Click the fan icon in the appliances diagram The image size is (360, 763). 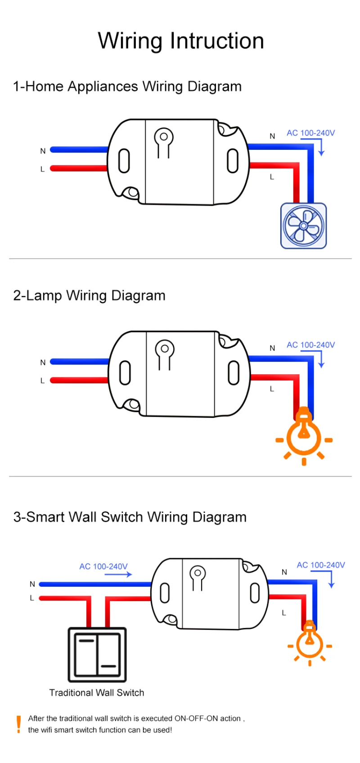(x=303, y=226)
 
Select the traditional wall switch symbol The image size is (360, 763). (x=97, y=655)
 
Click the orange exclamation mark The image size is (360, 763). (x=18, y=724)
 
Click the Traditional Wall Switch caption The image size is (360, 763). (x=97, y=693)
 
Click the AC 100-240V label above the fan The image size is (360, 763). (x=310, y=133)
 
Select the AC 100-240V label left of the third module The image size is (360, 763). (x=103, y=566)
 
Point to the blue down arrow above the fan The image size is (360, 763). (x=321, y=148)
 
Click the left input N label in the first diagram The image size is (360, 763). (x=43, y=151)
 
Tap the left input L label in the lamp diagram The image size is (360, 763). (x=43, y=381)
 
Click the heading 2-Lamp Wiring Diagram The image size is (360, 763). (x=89, y=296)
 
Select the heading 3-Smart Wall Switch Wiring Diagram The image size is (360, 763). (x=130, y=517)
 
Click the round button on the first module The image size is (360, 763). (x=164, y=136)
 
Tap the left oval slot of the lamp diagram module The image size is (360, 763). (x=125, y=373)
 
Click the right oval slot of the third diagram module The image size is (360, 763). (x=255, y=593)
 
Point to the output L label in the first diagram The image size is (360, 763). (x=272, y=177)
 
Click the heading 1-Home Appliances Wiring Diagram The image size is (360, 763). (x=127, y=86)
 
